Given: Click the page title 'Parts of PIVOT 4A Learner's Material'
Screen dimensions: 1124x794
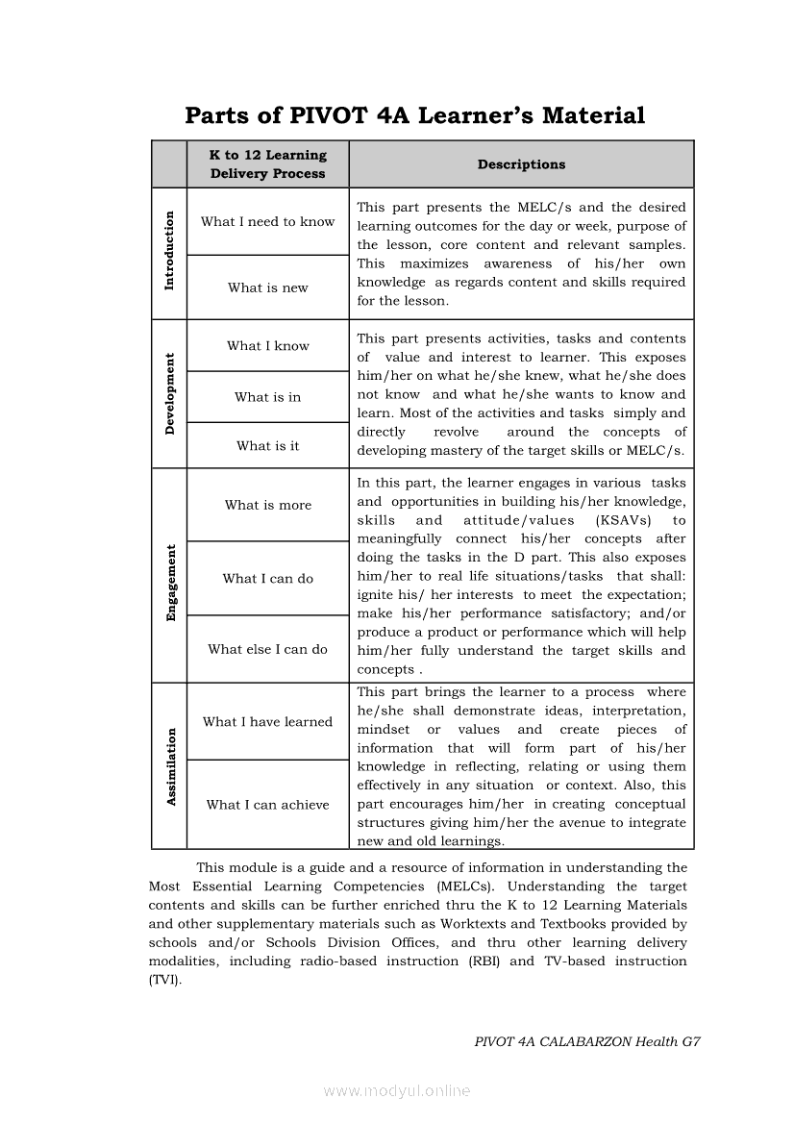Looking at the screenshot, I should (414, 116).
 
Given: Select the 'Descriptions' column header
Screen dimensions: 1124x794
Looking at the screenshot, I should (521, 164).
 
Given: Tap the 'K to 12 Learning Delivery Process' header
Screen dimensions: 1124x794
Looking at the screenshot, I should (268, 164).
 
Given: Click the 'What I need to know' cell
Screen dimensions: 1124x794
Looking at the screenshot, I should (268, 222).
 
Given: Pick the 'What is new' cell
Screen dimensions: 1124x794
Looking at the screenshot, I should (268, 287).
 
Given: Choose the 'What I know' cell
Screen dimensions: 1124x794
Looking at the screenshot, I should (268, 346).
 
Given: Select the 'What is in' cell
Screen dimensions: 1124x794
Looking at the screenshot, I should (268, 397).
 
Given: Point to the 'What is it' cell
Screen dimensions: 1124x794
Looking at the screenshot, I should (268, 446).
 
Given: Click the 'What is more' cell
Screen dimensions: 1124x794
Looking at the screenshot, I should (268, 505).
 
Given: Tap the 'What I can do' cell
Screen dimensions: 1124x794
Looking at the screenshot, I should (268, 579).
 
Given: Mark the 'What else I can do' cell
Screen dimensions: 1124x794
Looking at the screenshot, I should (268, 649).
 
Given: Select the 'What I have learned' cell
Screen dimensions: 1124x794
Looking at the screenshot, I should (268, 722).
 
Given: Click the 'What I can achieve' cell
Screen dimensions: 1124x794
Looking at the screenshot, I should (268, 805).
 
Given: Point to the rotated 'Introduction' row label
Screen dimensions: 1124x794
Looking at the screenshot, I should (170, 251).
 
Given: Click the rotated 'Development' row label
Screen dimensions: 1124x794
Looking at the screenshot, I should (170, 394).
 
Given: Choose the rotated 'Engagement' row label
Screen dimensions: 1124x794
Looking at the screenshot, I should (171, 583).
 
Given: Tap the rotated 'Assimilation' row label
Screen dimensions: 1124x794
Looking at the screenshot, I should (171, 766).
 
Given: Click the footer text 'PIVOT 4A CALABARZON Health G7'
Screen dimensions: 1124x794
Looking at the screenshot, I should (587, 1041).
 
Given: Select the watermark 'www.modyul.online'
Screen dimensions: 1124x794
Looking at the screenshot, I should (397, 1091).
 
